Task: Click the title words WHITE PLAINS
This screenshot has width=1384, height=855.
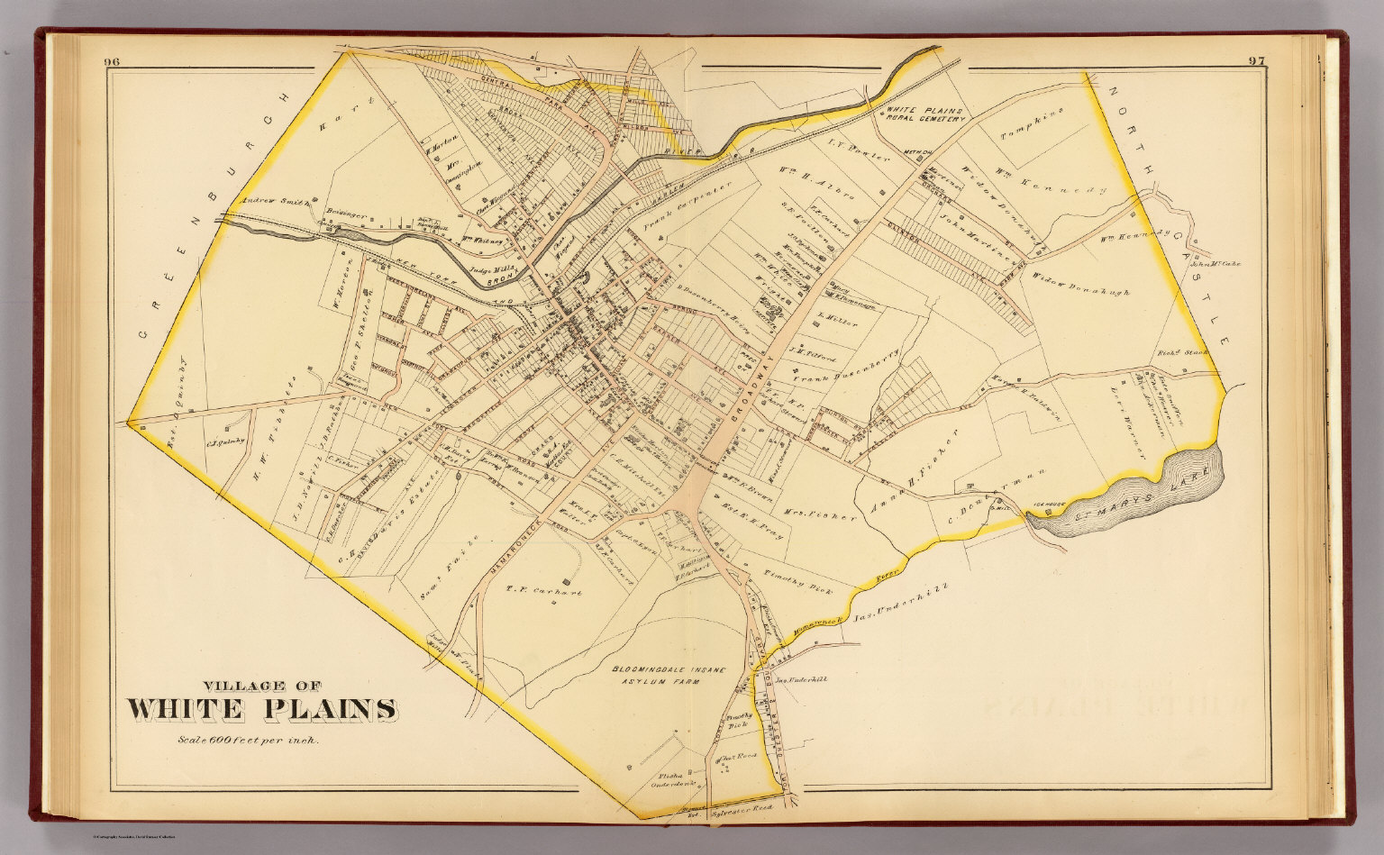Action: (x=261, y=709)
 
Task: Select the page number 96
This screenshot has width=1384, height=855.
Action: (x=113, y=61)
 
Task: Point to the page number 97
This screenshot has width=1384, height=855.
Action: (x=1258, y=61)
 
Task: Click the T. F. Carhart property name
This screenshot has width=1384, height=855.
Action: (x=542, y=593)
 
